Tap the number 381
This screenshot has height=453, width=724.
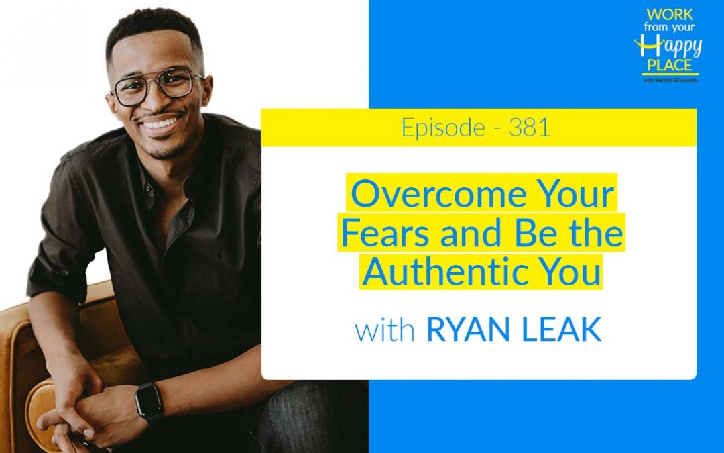tap(530, 128)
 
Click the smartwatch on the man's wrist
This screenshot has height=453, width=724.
tap(149, 401)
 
